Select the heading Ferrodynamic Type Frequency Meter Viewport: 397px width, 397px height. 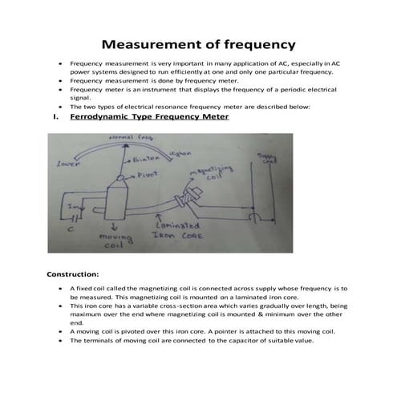pos(149,117)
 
